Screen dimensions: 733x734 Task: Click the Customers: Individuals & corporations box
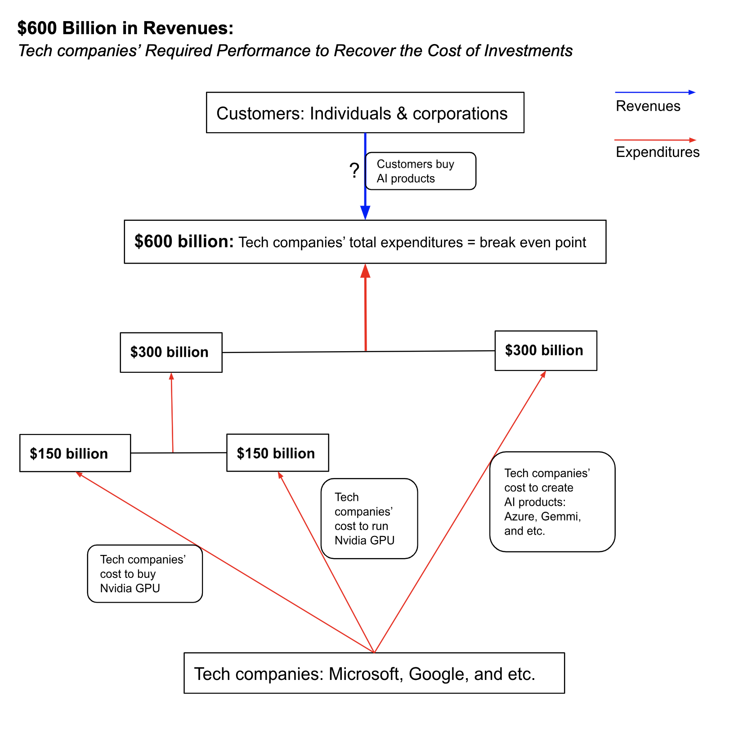(x=365, y=112)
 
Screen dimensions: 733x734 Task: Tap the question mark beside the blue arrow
(x=354, y=171)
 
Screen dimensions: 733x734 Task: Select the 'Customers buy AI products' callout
(x=420, y=171)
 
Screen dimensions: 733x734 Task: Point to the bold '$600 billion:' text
(x=184, y=241)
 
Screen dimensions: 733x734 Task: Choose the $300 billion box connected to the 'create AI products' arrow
(x=546, y=350)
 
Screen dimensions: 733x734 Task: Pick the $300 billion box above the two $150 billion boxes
(x=171, y=352)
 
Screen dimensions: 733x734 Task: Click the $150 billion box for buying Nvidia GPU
(x=75, y=453)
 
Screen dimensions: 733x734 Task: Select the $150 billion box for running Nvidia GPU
(x=277, y=453)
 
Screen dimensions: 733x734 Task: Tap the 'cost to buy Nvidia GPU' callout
(x=145, y=573)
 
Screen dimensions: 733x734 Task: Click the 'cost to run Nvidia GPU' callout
(x=369, y=518)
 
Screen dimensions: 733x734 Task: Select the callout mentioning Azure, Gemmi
(x=552, y=501)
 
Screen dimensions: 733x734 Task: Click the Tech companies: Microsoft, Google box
(x=374, y=673)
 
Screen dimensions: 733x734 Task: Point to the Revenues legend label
(x=648, y=106)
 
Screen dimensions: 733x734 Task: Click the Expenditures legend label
(x=657, y=152)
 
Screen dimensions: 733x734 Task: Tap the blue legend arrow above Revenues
(x=654, y=92)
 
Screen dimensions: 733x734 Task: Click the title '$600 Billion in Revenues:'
(x=125, y=28)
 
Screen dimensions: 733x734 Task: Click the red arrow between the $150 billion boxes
(x=172, y=411)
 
